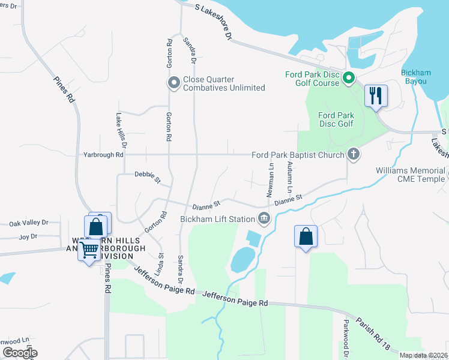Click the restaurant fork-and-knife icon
376,95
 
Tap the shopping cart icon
89,248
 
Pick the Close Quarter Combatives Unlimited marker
174,83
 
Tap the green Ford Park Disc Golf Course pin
348,78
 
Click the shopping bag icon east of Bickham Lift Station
306,236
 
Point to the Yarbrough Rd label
103,155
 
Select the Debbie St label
148,177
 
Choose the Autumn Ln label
289,178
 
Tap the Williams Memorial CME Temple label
410,175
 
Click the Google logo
20,353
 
